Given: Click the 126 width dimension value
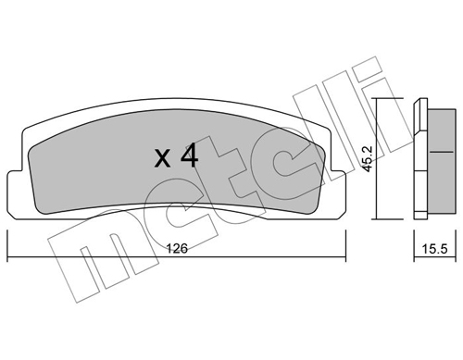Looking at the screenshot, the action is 177,248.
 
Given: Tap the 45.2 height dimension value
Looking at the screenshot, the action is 369,158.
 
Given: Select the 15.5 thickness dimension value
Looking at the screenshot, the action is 434,249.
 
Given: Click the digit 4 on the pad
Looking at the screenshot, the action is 189,155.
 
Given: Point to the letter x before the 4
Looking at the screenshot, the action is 162,159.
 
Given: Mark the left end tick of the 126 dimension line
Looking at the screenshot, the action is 7,246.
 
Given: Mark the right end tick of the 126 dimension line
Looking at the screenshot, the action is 345,246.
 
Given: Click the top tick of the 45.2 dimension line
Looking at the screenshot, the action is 388,98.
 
